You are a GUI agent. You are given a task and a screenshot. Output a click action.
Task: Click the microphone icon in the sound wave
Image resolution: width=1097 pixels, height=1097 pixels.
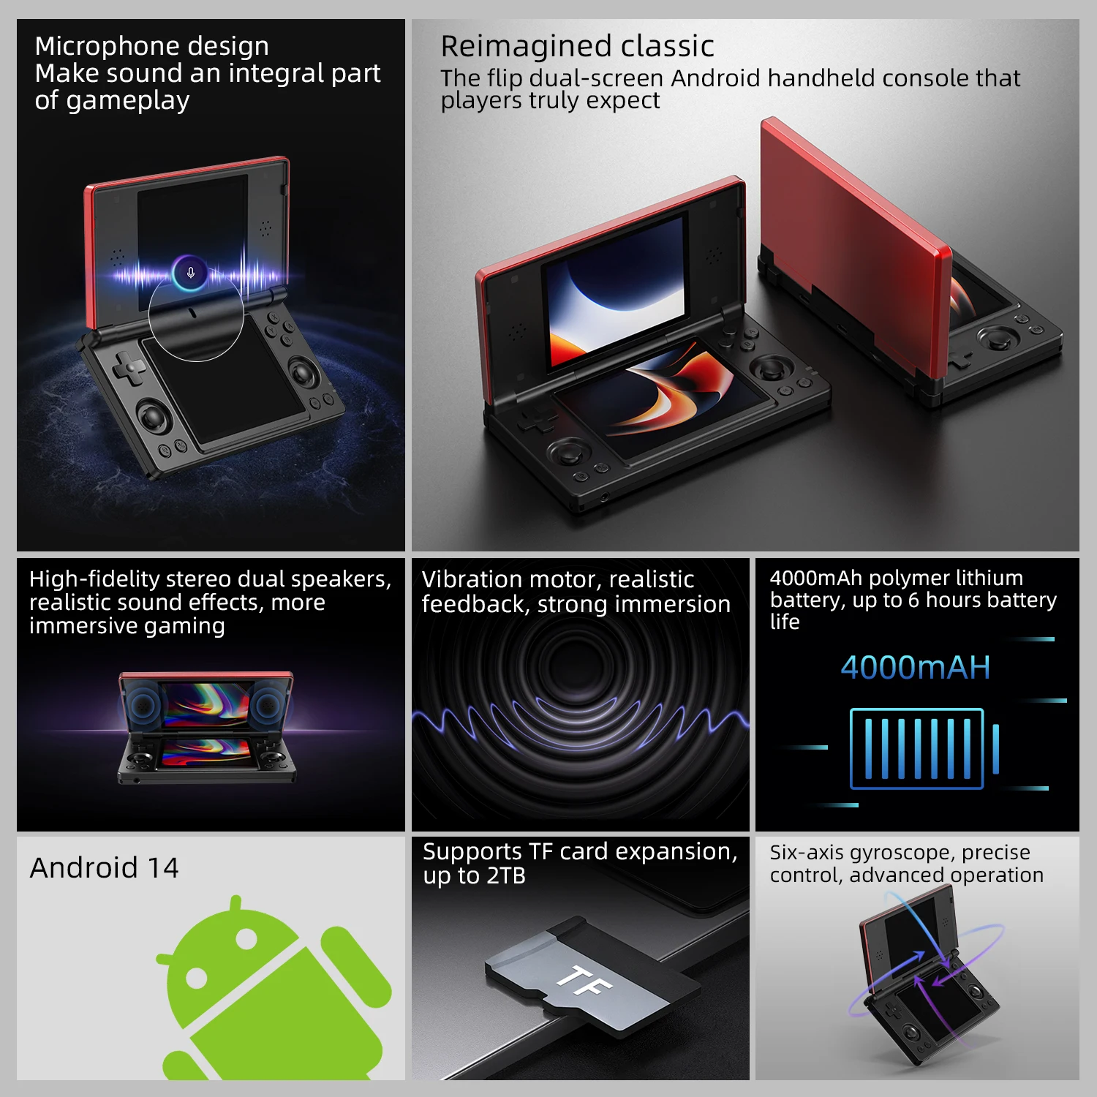[190, 273]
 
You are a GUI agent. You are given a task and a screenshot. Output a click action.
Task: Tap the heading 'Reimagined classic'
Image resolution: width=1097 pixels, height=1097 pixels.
[577, 46]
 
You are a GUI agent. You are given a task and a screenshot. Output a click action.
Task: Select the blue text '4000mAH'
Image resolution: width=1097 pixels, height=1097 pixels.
[915, 668]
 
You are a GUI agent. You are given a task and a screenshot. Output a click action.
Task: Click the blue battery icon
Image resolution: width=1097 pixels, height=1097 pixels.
[924, 749]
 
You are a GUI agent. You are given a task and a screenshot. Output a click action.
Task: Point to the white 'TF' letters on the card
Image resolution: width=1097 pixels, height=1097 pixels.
[584, 981]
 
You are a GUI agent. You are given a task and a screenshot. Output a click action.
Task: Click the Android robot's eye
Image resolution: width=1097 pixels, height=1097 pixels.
[197, 977]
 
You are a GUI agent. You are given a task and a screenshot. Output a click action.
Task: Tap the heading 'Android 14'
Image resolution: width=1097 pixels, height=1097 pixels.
[104, 868]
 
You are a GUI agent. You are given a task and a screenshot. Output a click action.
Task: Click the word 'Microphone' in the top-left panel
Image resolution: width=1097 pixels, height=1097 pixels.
[96, 46]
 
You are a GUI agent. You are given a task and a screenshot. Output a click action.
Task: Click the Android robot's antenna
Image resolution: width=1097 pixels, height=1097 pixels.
[235, 906]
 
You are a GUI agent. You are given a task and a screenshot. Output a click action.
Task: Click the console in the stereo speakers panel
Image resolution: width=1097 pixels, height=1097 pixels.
[208, 728]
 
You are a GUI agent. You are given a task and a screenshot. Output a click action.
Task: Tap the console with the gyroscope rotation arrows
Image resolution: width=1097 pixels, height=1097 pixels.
[925, 980]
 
